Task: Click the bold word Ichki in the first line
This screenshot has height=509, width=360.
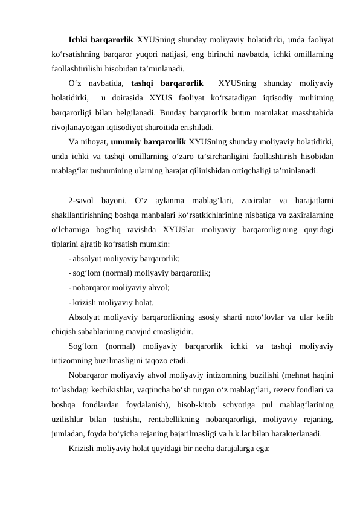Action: point(79,39)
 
